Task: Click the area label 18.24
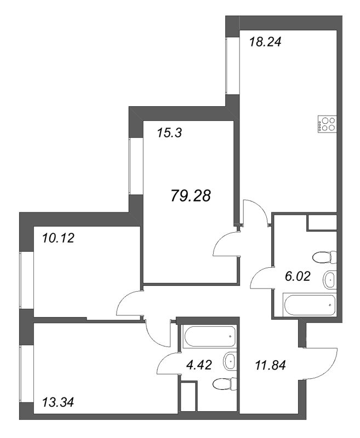point(265,42)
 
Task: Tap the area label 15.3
point(169,132)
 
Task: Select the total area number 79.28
point(191,195)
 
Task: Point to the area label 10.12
point(58,238)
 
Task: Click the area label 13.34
point(58,402)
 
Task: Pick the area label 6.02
point(298,276)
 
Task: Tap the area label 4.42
point(199,365)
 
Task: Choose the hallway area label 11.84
point(271,365)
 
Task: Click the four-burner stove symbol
point(327,124)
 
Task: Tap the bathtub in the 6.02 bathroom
point(310,305)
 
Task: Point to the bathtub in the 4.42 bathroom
point(209,336)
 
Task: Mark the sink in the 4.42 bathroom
point(230,361)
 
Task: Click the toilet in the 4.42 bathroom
point(225,384)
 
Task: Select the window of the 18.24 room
point(232,66)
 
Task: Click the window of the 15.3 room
point(136,166)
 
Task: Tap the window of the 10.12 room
point(26,280)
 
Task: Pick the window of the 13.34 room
point(26,374)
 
